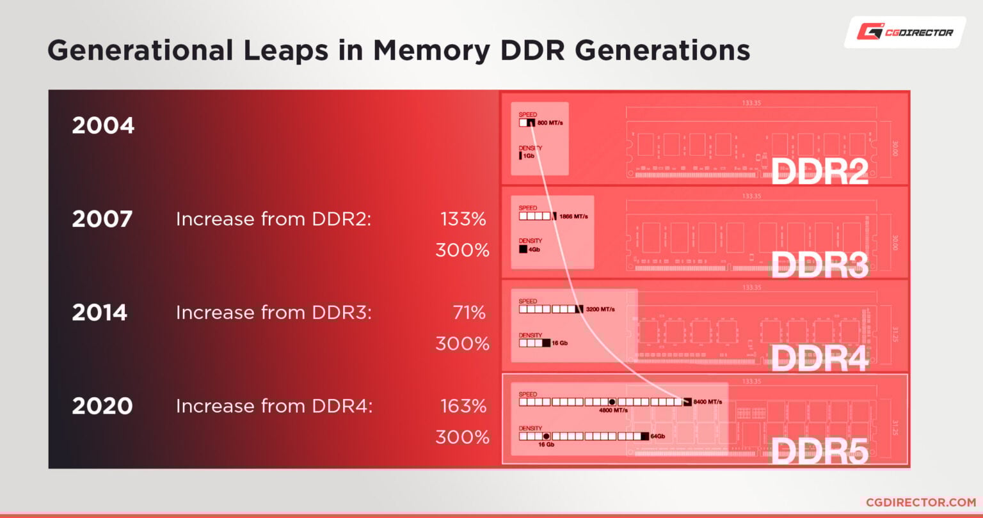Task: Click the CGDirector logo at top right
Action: [x=904, y=32]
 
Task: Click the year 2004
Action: [x=103, y=125]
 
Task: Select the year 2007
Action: [x=102, y=219]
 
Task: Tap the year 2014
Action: [x=100, y=313]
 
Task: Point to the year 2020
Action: [x=102, y=406]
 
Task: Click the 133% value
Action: [x=463, y=219]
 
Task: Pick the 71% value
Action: [x=468, y=313]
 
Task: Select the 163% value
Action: [x=463, y=406]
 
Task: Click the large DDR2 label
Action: [x=819, y=171]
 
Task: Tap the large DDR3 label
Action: [x=819, y=265]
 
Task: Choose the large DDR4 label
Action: [x=819, y=359]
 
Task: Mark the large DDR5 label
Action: [x=819, y=451]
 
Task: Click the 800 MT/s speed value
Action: [x=550, y=122]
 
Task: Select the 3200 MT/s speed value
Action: [x=600, y=310]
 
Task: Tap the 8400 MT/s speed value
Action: [x=708, y=402]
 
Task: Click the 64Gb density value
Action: [x=657, y=436]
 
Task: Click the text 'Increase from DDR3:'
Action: [x=274, y=313]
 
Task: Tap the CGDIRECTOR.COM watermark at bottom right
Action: [x=920, y=503]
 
